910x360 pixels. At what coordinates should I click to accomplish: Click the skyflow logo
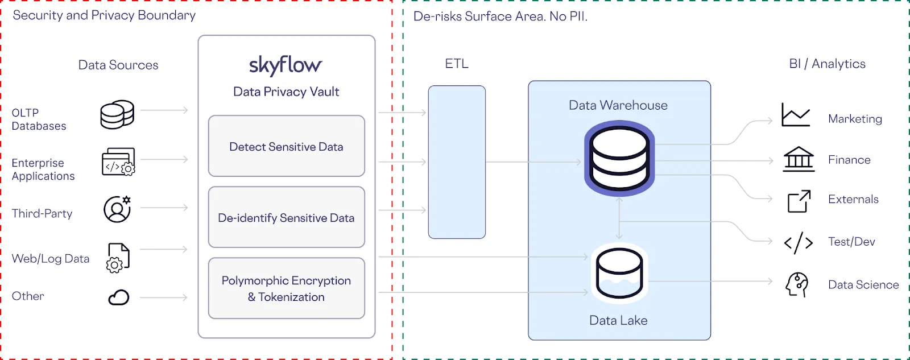coord(286,65)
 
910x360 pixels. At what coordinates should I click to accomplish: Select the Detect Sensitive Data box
coord(286,146)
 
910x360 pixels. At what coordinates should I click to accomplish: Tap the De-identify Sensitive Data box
coord(286,217)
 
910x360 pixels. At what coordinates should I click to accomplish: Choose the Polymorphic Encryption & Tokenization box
coord(286,288)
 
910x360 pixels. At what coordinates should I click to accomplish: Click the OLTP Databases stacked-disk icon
coord(117,114)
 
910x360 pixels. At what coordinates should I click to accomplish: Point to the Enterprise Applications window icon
coord(118,162)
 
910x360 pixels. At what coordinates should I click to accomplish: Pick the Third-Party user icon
coord(117,209)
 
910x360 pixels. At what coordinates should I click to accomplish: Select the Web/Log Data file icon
coord(118,258)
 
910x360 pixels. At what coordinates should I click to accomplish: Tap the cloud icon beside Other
coord(118,297)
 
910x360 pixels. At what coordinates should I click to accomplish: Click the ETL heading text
coord(457,64)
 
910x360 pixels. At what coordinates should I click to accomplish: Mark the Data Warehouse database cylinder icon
coord(619,159)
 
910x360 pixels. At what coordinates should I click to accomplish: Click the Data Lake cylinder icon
coord(619,273)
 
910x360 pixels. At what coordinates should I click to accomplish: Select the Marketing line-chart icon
coord(796,115)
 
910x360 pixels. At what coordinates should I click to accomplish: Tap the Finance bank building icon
coord(799,159)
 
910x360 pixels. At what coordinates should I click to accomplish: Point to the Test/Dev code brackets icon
coord(799,242)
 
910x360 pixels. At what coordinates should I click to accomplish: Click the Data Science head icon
coord(797,284)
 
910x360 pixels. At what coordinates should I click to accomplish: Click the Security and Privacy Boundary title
coord(104,15)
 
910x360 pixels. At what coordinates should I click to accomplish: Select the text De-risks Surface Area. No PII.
coord(500,16)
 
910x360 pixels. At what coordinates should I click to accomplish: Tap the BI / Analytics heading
coord(827,64)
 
